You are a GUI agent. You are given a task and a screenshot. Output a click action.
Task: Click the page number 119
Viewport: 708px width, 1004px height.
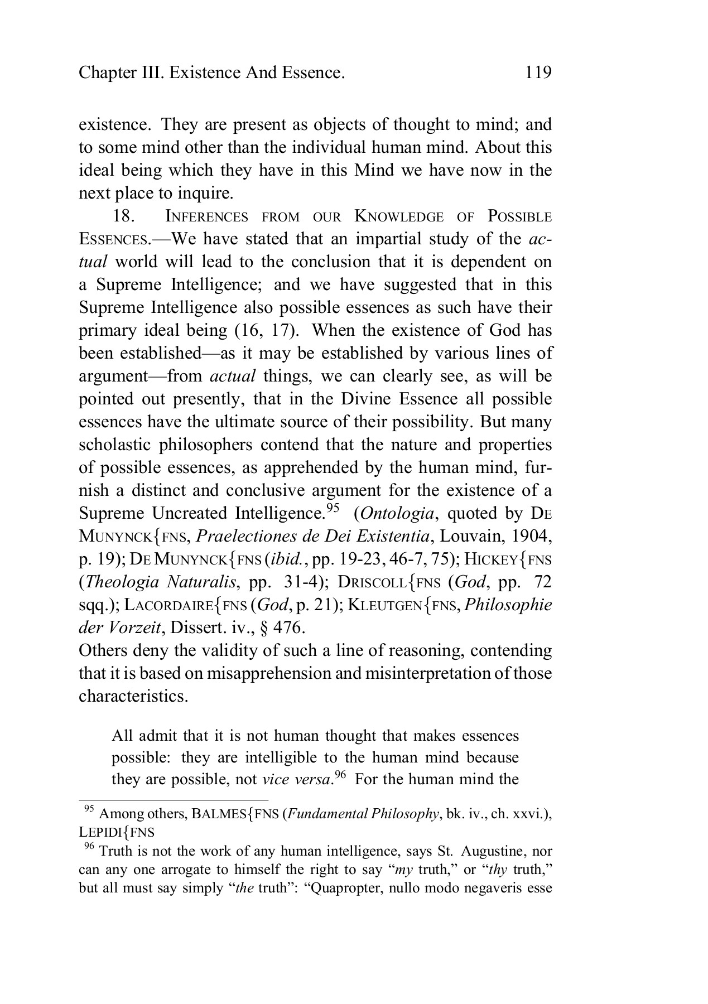pyautogui.click(x=538, y=73)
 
